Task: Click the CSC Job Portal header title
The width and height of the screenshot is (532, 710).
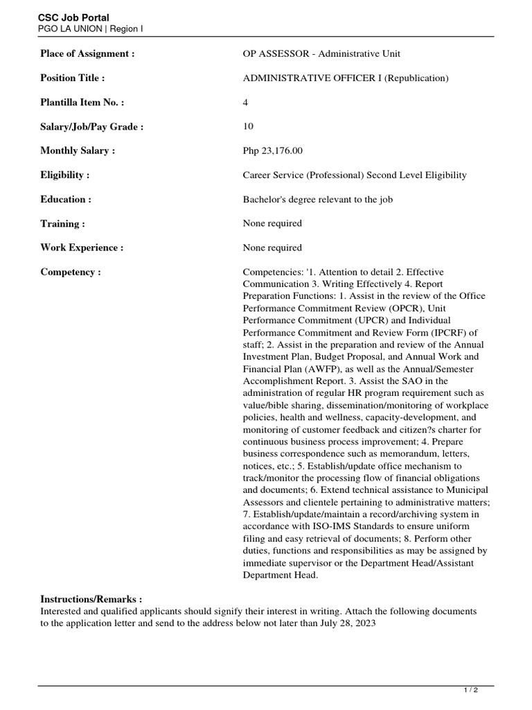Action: (x=73, y=17)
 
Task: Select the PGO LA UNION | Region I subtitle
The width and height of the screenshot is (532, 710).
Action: (x=90, y=29)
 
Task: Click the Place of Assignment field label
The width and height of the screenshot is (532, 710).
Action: (x=87, y=54)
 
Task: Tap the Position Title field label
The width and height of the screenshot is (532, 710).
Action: (x=72, y=78)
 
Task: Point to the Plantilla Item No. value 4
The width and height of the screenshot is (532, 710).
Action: (x=245, y=103)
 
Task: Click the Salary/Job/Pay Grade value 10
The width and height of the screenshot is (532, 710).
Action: (x=248, y=126)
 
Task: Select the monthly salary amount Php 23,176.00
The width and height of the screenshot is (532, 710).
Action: (x=272, y=150)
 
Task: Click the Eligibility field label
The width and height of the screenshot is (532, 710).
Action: (x=65, y=175)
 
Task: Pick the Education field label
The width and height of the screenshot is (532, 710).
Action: (x=66, y=200)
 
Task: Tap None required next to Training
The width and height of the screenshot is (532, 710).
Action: (x=272, y=223)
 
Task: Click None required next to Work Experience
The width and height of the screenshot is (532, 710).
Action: (x=272, y=248)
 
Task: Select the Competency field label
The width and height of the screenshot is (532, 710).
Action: (x=71, y=272)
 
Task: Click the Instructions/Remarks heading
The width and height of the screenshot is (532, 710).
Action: (x=91, y=599)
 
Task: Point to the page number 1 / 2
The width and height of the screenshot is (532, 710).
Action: (x=470, y=691)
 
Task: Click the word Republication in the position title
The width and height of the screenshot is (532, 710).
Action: (x=416, y=78)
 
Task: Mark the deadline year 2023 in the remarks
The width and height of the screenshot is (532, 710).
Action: (x=364, y=623)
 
